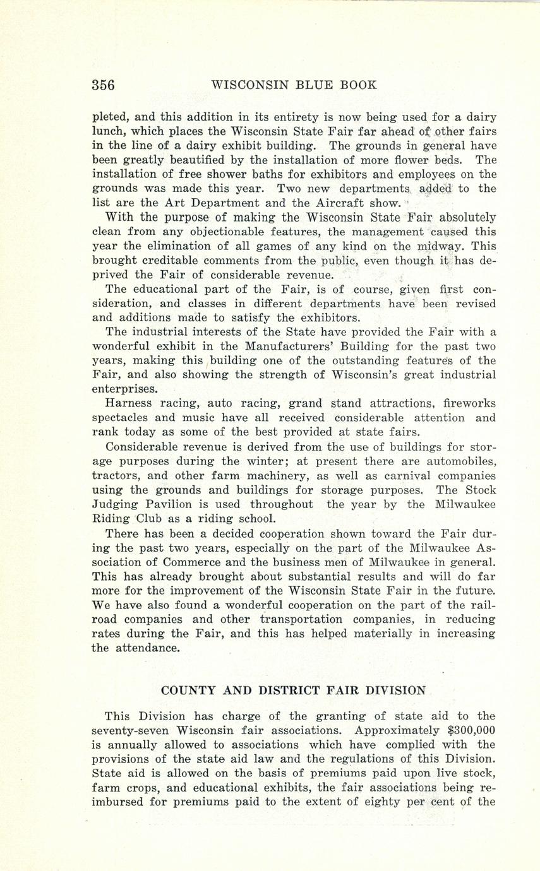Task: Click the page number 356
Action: [x=104, y=85]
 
